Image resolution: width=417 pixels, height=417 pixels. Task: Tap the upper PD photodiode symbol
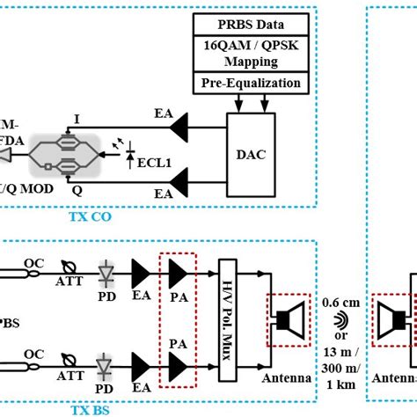tap(106, 273)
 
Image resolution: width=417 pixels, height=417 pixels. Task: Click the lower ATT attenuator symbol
tap(65, 362)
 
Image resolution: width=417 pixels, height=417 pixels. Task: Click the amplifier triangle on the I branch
tap(182, 128)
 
